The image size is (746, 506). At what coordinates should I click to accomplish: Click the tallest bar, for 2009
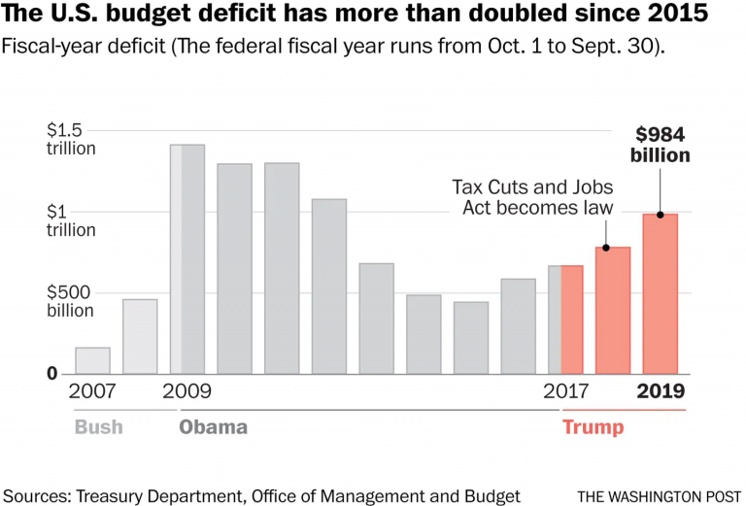(x=187, y=259)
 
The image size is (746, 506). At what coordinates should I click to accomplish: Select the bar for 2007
(x=92, y=360)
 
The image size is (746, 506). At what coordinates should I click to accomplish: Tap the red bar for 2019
(x=661, y=293)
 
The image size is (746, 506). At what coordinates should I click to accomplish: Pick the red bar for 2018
(x=613, y=310)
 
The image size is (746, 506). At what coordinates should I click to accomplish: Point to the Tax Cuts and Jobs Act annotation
(x=532, y=197)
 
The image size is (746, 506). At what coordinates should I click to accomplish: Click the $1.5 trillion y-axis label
(x=71, y=139)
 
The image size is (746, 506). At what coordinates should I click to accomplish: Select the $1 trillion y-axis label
(x=71, y=220)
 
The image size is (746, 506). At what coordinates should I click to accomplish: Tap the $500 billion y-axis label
(x=71, y=301)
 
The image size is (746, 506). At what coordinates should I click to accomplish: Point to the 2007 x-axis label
(x=92, y=392)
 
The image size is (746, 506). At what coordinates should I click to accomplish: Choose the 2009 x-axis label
(x=187, y=392)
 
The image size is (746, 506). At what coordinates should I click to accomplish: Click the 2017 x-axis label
(x=567, y=392)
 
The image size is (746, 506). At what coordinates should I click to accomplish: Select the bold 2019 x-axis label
(x=661, y=392)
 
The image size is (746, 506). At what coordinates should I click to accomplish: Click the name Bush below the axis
(x=98, y=427)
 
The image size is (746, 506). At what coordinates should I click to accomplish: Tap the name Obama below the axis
(x=214, y=427)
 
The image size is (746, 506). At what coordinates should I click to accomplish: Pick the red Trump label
(x=593, y=427)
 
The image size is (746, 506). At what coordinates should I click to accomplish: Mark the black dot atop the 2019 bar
(x=661, y=215)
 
